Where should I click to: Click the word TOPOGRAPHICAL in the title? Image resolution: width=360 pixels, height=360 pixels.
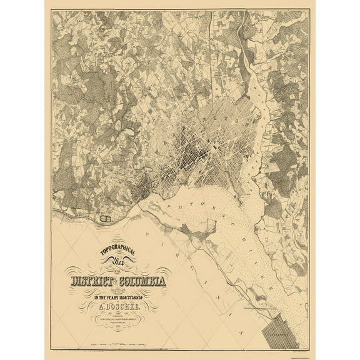[118, 248]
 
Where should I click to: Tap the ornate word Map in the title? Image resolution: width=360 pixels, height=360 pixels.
[117, 263]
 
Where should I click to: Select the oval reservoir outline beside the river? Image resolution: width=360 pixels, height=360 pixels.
[106, 219]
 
